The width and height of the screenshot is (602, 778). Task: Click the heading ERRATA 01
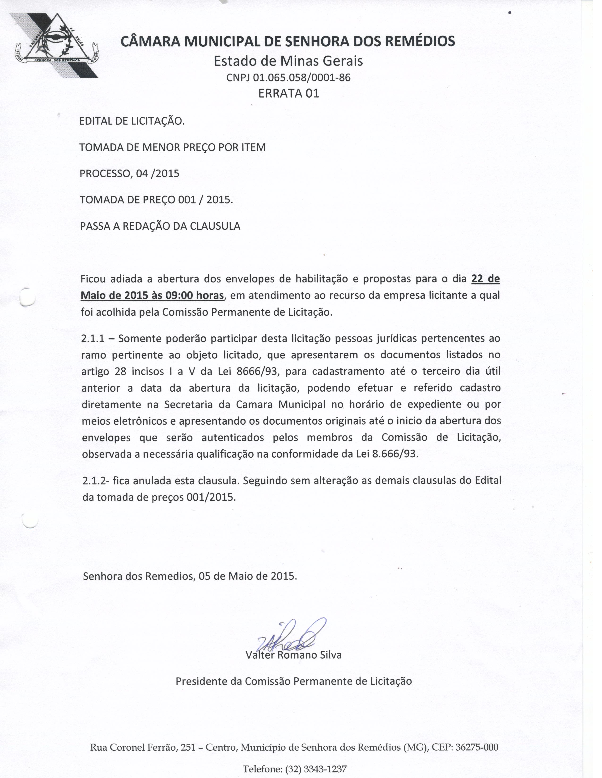288,93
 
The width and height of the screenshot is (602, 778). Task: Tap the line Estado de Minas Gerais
288,61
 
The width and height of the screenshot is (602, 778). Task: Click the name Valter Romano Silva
293,655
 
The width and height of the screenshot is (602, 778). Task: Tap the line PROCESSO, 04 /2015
129,174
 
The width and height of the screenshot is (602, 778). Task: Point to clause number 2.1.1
93,338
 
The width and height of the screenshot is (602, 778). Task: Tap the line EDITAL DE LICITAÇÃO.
131,121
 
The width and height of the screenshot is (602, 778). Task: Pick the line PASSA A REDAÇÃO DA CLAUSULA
160,226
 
